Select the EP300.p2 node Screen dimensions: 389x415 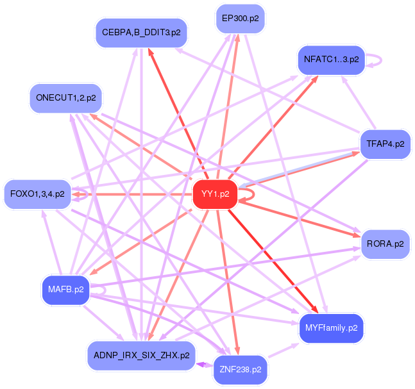[240, 18]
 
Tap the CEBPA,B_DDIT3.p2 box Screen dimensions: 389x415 [141, 32]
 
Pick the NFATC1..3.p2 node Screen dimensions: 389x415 [330, 60]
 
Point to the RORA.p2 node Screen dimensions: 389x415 [385, 244]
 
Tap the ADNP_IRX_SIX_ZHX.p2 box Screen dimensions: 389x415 [141, 355]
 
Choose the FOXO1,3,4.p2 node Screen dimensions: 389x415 [38, 194]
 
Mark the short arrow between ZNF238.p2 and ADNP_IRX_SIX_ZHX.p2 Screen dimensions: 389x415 [204, 363]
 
